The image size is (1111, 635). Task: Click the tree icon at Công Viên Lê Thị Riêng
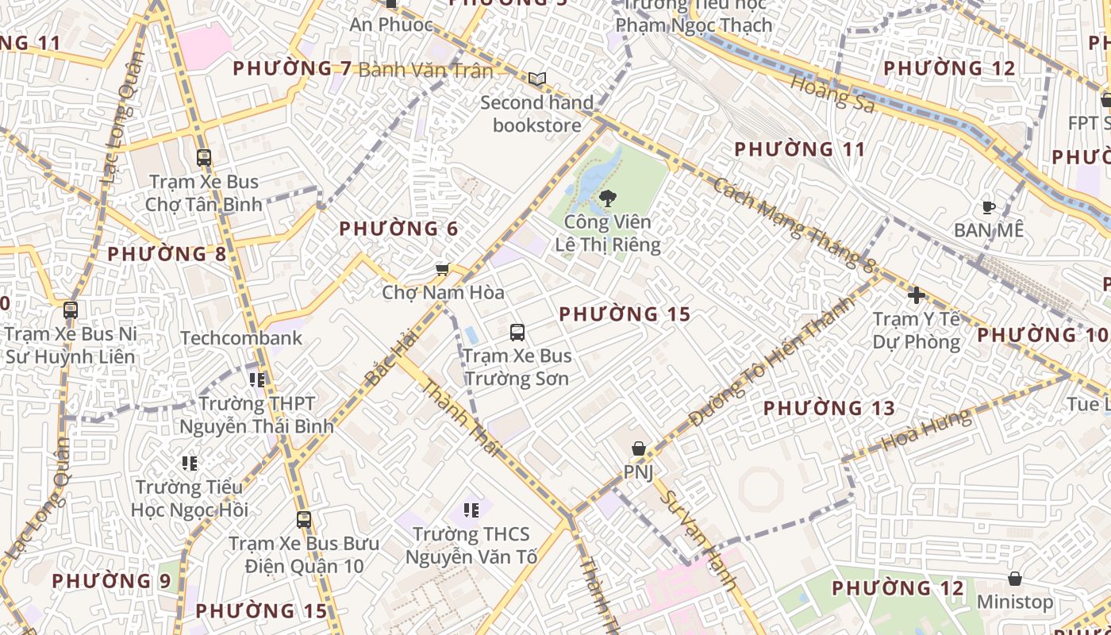608,198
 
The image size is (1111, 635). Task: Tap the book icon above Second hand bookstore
537,79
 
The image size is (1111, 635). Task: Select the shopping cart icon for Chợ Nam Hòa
443,269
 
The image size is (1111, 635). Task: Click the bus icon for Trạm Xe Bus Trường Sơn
517,332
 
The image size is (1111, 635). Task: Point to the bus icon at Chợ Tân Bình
204,157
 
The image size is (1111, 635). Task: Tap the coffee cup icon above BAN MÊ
988,207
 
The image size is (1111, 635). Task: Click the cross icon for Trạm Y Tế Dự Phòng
917,295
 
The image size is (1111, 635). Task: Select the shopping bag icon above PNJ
638,448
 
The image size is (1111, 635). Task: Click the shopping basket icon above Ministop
1014,579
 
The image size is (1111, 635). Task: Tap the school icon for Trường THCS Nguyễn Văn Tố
471,510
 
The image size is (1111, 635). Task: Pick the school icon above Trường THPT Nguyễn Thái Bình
256,380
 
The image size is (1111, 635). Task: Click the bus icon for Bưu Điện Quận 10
304,520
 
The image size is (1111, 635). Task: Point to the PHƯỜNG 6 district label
398,229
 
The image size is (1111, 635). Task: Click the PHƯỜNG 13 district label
828,409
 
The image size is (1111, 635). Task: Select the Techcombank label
241,338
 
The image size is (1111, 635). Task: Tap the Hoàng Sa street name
832,94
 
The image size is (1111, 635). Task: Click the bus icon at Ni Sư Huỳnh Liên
71,310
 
